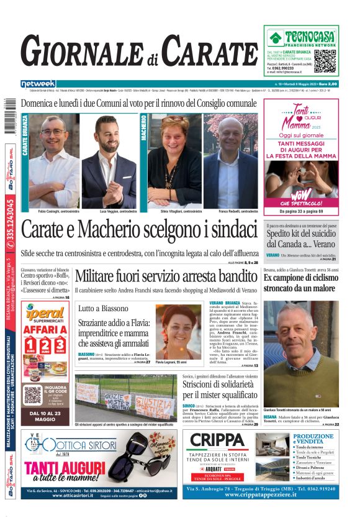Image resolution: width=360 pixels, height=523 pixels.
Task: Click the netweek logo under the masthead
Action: click(38, 83)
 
